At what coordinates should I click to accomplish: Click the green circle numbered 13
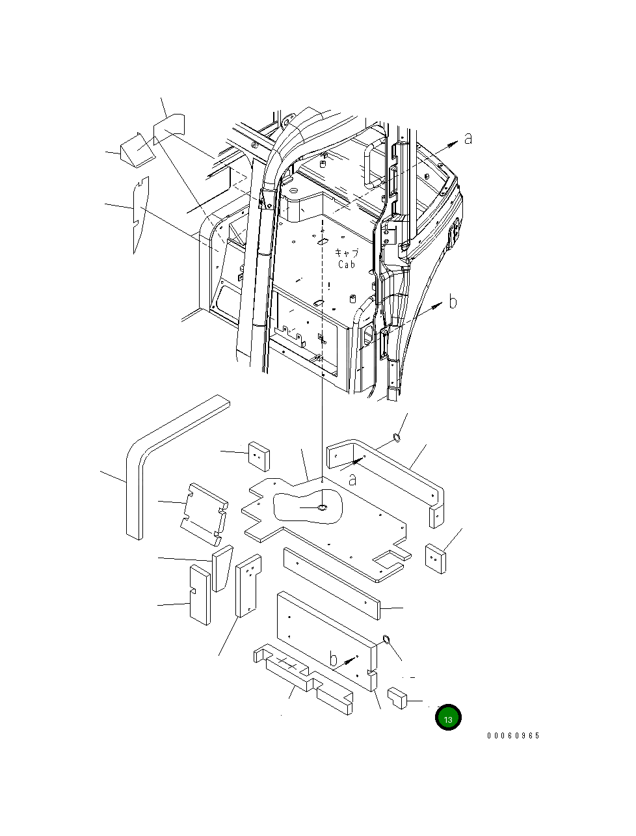pos(448,718)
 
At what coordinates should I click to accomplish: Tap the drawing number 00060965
pos(513,736)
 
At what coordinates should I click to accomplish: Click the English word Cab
pos(347,265)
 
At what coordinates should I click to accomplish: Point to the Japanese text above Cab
pos(346,253)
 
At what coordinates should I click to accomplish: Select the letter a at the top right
pos(468,138)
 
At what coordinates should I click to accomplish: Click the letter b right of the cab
pos(453,302)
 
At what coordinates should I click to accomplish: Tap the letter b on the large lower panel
pos(334,658)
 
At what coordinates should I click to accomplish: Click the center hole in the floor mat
pos(322,507)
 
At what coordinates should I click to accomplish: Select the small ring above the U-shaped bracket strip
pos(396,438)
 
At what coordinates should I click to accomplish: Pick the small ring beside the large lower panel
pos(386,638)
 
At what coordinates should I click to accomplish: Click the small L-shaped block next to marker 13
pos(397,697)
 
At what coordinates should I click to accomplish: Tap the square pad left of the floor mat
pos(258,456)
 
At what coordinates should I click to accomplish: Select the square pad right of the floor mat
pos(436,558)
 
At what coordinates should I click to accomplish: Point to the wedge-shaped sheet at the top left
pos(138,150)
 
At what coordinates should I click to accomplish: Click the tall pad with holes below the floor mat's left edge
pos(248,586)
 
